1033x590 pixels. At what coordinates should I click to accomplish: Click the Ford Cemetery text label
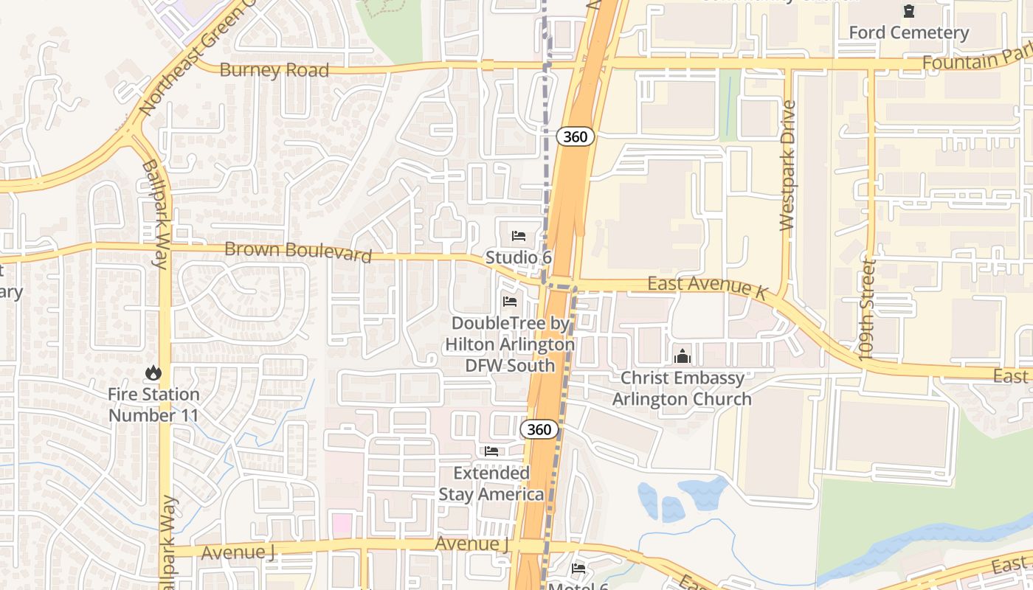[x=908, y=32]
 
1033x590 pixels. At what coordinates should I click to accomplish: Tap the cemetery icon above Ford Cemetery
[x=908, y=11]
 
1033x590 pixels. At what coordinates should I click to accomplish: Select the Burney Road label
[x=274, y=70]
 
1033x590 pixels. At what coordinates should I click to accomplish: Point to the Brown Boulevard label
[x=297, y=251]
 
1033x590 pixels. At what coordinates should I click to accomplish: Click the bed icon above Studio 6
[x=519, y=236]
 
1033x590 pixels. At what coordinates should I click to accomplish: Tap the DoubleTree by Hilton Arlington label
[x=510, y=344]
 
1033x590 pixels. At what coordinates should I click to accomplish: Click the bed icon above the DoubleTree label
[x=509, y=301]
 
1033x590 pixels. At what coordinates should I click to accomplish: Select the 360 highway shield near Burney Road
[x=575, y=136]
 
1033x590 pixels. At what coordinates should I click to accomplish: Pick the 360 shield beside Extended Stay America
[x=539, y=429]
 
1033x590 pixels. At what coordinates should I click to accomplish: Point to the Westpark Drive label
[x=787, y=166]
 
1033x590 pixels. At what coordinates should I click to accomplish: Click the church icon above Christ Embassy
[x=683, y=356]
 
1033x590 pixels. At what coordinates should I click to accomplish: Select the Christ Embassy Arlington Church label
[x=683, y=389]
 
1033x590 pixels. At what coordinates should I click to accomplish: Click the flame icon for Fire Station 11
[x=153, y=372]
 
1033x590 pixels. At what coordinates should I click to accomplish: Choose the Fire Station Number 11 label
[x=153, y=405]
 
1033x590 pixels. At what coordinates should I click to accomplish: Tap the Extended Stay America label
[x=491, y=483]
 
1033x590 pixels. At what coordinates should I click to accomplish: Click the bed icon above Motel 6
[x=578, y=569]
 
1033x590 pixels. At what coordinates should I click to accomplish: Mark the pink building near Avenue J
[x=342, y=525]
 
